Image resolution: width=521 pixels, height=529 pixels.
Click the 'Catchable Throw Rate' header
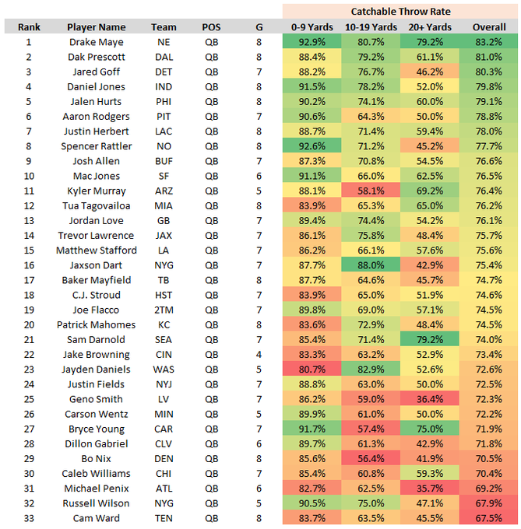[400, 12]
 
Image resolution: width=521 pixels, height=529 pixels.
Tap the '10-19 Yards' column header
[370, 26]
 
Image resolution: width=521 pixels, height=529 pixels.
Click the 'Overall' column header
[489, 26]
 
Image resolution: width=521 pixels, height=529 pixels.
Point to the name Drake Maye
[96, 42]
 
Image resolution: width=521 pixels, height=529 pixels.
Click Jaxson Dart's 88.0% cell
[370, 264]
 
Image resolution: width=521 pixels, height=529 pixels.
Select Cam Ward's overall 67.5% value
[489, 517]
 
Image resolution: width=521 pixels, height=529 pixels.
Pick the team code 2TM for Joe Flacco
[164, 309]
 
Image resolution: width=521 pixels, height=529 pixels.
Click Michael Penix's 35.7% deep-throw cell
[429, 488]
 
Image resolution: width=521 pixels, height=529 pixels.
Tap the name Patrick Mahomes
[96, 324]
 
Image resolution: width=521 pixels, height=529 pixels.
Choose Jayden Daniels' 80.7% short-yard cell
[312, 369]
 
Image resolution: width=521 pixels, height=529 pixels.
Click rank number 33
[29, 517]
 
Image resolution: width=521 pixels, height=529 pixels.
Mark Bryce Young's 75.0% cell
[429, 429]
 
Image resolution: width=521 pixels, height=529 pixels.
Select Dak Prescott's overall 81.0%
[489, 57]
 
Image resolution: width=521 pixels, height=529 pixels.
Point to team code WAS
[164, 369]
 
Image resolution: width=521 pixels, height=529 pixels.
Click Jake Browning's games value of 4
[259, 354]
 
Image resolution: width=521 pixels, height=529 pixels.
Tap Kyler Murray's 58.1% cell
[370, 191]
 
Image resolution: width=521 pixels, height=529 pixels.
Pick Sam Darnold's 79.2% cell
[429, 339]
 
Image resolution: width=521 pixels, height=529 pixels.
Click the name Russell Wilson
[96, 503]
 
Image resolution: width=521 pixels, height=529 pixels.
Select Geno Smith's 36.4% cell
[429, 398]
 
